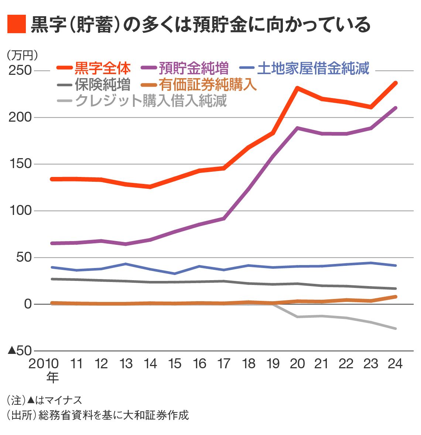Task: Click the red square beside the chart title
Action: click(16, 24)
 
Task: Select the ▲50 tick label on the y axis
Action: click(19, 351)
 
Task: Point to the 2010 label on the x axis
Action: click(44, 364)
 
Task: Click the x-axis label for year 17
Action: click(224, 364)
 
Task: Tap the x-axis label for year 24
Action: click(395, 364)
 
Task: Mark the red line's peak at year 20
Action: click(297, 88)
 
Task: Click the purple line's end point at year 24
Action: click(396, 108)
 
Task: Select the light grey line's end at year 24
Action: click(396, 328)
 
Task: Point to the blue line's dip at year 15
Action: click(174, 274)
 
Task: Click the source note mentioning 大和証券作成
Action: click(97, 415)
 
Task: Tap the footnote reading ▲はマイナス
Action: click(44, 400)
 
